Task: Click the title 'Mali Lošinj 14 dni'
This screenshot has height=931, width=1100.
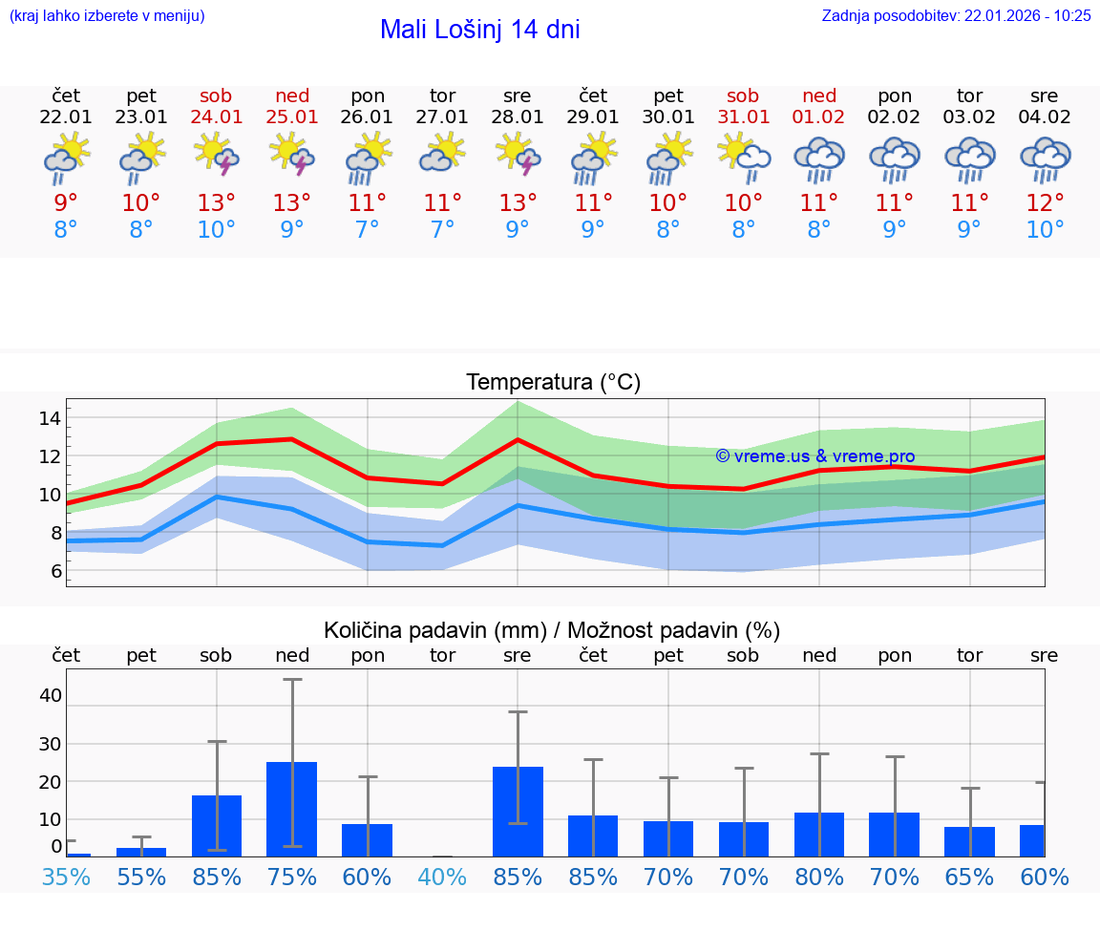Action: point(479,30)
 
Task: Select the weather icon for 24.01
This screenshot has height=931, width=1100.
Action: point(217,155)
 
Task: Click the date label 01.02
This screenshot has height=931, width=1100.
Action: point(818,117)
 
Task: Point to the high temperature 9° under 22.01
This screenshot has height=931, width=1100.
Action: point(66,202)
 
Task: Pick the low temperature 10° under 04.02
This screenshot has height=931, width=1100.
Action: point(1045,230)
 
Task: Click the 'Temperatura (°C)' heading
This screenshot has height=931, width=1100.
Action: point(553,383)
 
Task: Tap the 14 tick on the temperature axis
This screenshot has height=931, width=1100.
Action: point(50,418)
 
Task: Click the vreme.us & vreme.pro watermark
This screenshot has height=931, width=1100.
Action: point(814,456)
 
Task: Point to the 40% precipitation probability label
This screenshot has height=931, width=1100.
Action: point(442,877)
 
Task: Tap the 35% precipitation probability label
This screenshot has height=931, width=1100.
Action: point(66,877)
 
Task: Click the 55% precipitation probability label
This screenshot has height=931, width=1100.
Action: point(141,877)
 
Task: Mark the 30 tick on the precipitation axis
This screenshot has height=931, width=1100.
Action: point(50,743)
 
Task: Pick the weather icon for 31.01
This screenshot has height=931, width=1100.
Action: point(743,155)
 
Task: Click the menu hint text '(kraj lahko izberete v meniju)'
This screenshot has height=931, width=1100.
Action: point(106,15)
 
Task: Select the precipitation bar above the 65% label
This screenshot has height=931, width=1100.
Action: point(969,841)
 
